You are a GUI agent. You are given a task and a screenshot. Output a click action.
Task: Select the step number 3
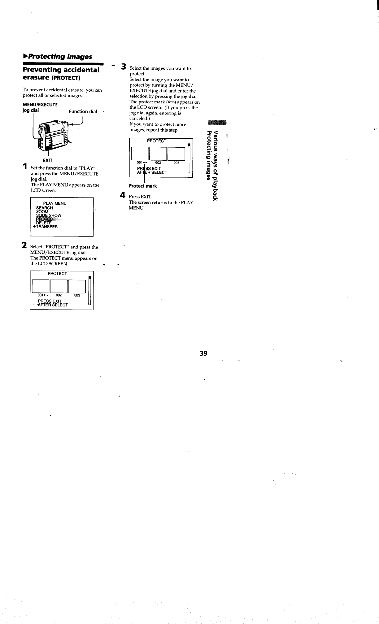(124, 67)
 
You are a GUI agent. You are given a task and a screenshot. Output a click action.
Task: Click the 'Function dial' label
(83, 111)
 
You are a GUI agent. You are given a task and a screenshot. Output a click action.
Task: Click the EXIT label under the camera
(48, 160)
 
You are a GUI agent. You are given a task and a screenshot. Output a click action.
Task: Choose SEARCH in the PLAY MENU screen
(45, 208)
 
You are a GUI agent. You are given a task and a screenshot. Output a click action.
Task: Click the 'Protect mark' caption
(143, 186)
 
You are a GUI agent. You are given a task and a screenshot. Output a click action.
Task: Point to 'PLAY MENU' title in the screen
(55, 203)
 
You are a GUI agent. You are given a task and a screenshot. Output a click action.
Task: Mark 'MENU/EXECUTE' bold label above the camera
(40, 105)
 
